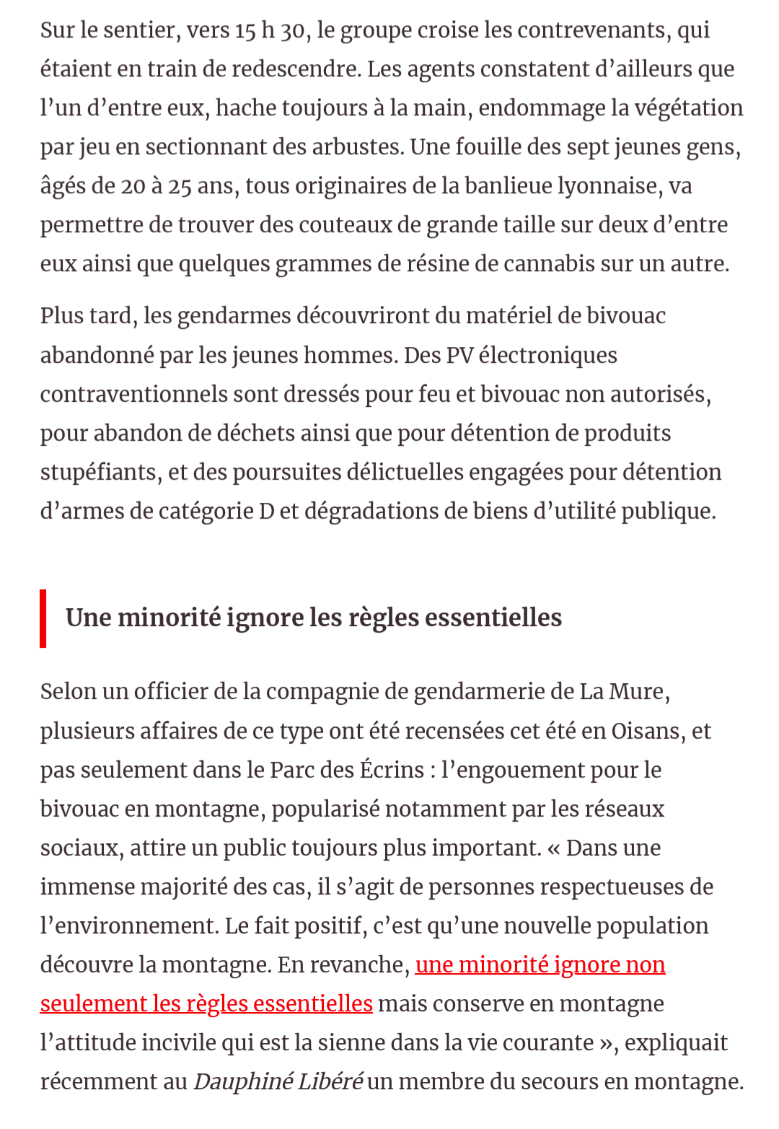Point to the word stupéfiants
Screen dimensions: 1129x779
[100, 473]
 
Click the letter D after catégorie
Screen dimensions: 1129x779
[266, 511]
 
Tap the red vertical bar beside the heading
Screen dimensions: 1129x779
[43, 618]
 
